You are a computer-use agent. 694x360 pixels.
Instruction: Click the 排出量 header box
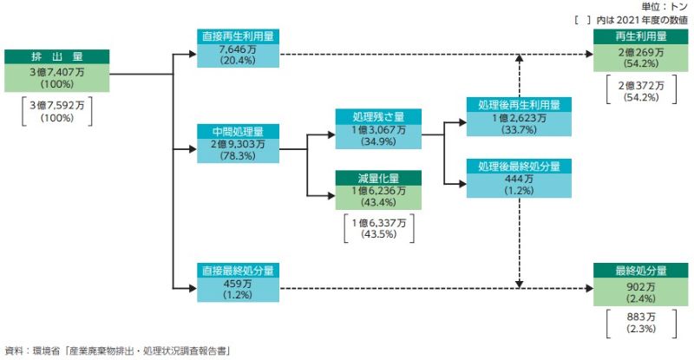[x=57, y=57]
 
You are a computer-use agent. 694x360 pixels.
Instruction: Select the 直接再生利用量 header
[x=238, y=36]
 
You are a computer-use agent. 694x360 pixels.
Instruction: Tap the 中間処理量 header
[x=238, y=130]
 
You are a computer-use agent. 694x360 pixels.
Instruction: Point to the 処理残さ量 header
[x=379, y=116]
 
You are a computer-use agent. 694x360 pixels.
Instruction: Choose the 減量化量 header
[x=379, y=176]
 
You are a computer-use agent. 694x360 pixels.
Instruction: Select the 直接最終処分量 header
[x=238, y=270]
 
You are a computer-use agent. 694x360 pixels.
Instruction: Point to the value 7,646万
[x=238, y=50]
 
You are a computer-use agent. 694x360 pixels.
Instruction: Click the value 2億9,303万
[x=238, y=144]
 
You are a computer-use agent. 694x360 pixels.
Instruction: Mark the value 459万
[x=238, y=284]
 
